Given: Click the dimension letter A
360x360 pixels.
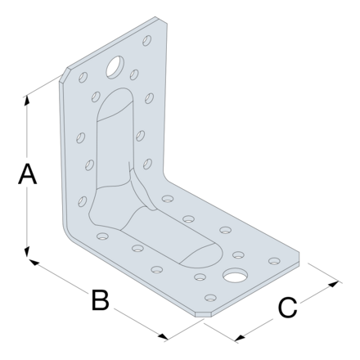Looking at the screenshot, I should (26, 174).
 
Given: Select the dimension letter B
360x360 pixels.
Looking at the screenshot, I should (99, 300).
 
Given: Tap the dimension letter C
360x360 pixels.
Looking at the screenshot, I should (286, 308).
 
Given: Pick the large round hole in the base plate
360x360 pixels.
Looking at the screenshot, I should (236, 275).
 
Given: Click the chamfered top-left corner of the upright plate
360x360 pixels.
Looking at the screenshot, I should (65, 76).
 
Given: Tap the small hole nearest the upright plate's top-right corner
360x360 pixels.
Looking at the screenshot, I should (146, 38).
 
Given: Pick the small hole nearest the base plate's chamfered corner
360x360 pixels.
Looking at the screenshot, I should (210, 297).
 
